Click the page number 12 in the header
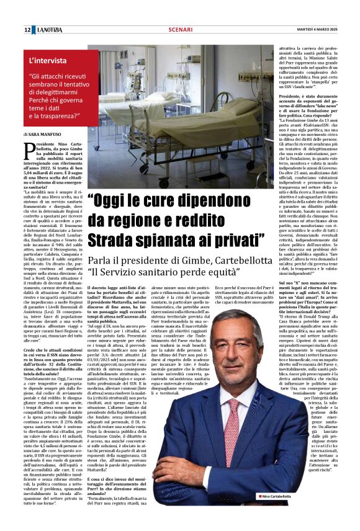pos(28,30)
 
